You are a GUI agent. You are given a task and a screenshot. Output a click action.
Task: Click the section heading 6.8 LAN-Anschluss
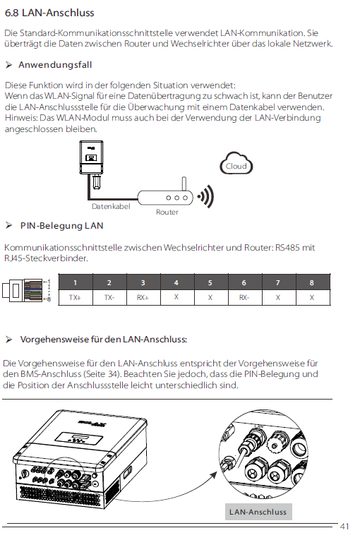49,13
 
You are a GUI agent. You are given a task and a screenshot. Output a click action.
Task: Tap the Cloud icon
236,165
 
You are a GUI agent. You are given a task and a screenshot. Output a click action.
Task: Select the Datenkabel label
111,207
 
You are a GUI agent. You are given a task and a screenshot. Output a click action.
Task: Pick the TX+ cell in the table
75,298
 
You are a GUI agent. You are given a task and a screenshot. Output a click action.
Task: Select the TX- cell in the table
109,298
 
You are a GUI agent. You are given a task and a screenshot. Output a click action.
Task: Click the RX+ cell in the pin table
143,298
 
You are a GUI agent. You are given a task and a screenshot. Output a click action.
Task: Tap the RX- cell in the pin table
244,298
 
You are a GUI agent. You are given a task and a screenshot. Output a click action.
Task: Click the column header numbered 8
311,283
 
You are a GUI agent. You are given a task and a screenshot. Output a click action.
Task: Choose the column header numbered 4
176,283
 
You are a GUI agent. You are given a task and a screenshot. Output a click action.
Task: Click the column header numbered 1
75,283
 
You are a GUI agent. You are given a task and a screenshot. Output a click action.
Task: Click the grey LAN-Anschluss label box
257,512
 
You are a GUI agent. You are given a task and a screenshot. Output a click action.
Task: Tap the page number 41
344,527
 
